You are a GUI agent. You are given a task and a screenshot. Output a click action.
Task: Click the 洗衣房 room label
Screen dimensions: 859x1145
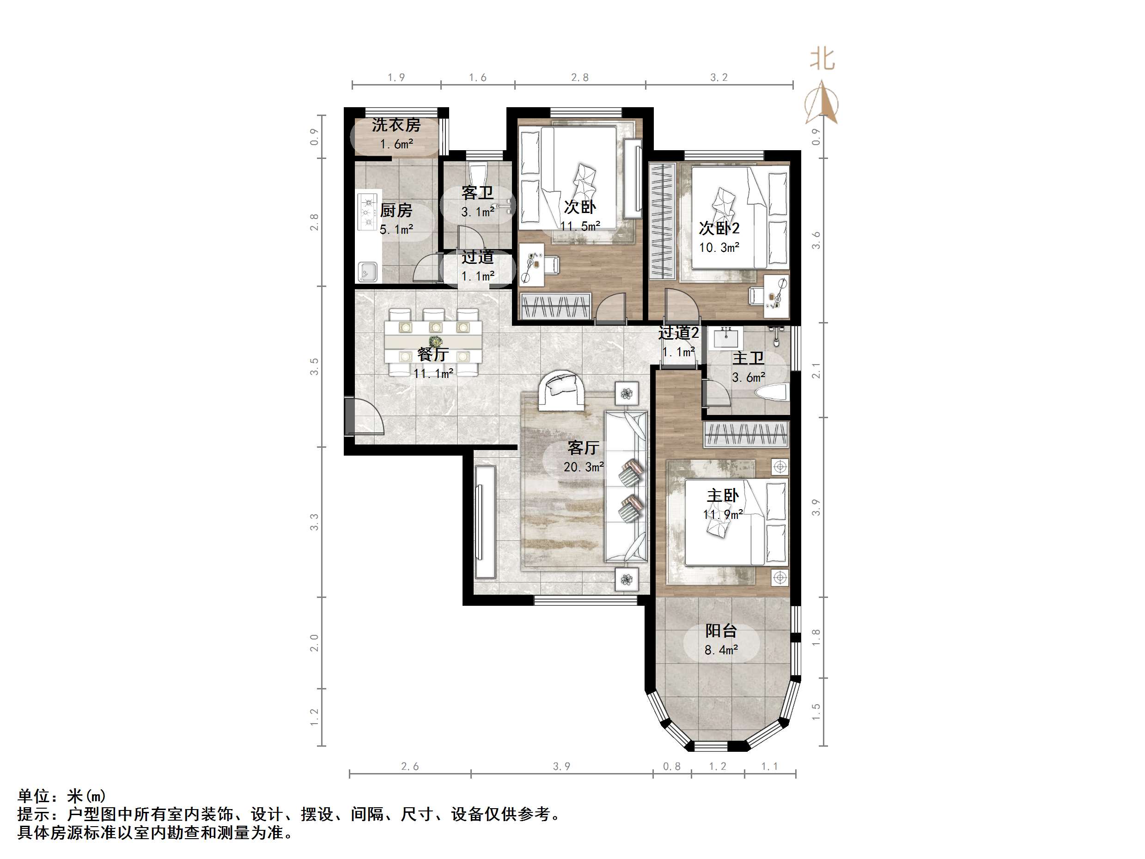coord(396,125)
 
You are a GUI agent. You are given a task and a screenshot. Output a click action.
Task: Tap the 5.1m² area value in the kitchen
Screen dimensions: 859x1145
coord(396,229)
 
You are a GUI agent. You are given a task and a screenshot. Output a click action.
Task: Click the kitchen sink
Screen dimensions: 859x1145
coord(367,271)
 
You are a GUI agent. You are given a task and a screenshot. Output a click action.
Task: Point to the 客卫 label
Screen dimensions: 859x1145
coord(477,193)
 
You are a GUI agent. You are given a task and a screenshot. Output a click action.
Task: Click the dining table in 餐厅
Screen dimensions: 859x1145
coord(433,342)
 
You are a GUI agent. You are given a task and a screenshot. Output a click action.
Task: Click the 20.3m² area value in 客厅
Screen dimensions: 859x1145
coord(584,467)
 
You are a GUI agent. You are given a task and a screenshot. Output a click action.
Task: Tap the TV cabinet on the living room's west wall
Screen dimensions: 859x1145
coord(485,522)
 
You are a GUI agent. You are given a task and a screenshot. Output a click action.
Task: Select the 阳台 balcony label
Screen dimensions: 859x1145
coord(721,631)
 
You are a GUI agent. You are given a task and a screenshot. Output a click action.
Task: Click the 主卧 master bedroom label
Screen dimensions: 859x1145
coord(723,495)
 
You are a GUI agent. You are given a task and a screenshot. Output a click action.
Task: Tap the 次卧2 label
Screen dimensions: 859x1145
coord(719,228)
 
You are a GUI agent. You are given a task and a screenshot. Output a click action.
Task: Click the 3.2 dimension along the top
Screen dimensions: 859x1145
coord(719,78)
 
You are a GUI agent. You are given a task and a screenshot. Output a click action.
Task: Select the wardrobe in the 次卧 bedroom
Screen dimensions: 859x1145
coord(555,305)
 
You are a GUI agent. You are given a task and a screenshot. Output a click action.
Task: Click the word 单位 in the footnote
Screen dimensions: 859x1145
coord(33,796)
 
